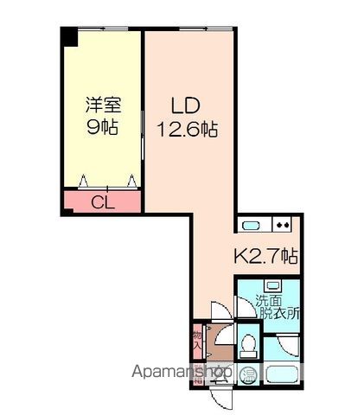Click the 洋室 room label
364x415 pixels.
pos(102,106)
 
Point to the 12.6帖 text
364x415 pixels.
pos(186,130)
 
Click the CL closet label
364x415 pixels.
pos(101,204)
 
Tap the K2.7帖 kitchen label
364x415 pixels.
pos(267,256)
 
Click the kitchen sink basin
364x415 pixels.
pos(252,227)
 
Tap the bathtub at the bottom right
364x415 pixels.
pos(281,374)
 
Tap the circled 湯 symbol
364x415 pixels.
pos(248,374)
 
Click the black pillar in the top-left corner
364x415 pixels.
pos(68,37)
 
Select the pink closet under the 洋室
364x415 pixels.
pos(101,203)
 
